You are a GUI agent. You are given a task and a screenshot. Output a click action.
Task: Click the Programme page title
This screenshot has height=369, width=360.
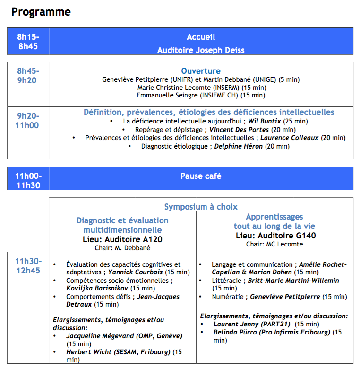click(x=41, y=12)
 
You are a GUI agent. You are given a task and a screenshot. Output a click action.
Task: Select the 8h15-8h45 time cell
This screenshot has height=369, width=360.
click(x=28, y=42)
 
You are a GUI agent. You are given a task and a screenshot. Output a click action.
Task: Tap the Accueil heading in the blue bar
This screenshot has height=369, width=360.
click(x=201, y=37)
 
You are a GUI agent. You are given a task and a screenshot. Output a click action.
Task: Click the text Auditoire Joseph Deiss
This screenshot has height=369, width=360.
click(x=201, y=50)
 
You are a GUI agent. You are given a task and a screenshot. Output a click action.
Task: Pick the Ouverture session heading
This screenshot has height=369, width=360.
click(x=201, y=71)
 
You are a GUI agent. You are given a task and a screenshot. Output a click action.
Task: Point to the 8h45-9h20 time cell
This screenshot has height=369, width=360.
click(x=28, y=76)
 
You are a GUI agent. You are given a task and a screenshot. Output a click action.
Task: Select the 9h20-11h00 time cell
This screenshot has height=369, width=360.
click(x=28, y=121)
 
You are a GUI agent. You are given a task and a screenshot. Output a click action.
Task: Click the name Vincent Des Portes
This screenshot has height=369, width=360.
click(x=239, y=130)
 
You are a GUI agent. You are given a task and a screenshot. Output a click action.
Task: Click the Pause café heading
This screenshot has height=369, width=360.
click(x=201, y=176)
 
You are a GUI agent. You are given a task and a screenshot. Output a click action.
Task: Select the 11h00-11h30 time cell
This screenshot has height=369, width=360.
click(x=28, y=181)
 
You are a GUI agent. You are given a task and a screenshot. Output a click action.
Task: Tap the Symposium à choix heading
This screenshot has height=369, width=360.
click(x=201, y=207)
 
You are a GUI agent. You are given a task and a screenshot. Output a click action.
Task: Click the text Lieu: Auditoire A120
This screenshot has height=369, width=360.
click(x=122, y=239)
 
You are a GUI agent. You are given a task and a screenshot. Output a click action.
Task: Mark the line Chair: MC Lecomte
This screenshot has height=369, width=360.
click(x=274, y=244)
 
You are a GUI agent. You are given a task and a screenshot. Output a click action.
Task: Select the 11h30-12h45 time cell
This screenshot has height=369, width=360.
click(x=28, y=266)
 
